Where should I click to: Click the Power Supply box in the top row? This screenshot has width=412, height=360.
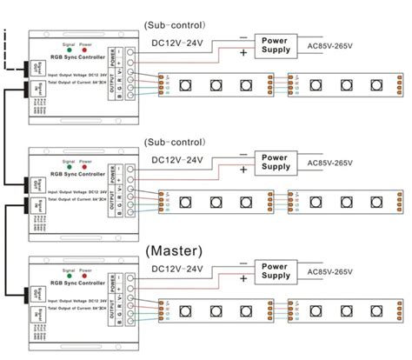click(276, 43)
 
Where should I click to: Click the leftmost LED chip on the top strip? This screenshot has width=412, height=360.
click(186, 85)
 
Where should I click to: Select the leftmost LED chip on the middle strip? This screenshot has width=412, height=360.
click(186, 201)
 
